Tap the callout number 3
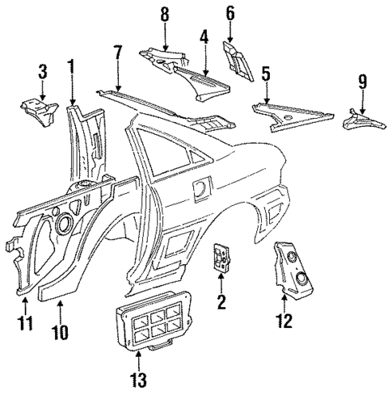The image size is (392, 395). pos(43,75)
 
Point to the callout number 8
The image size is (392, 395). pos(165,14)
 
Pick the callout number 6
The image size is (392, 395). pos(230,13)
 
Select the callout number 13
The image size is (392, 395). pos(148,377)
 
